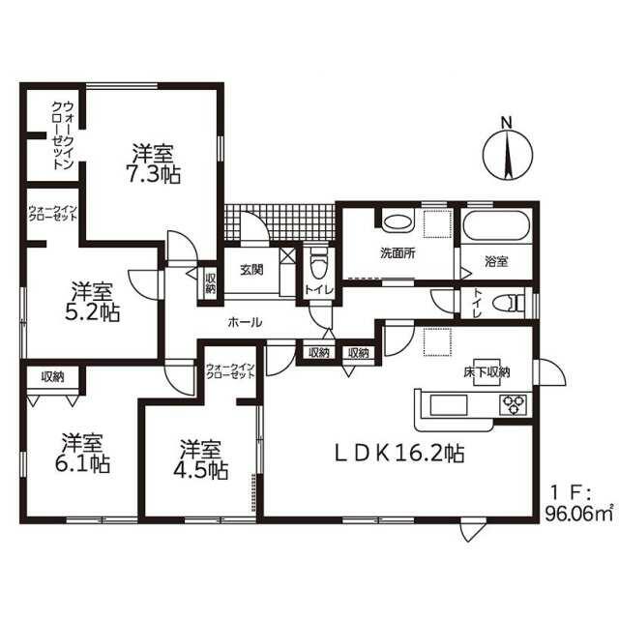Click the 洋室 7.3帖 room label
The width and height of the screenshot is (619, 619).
[x=153, y=164]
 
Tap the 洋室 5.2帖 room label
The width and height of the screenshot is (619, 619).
[x=92, y=302]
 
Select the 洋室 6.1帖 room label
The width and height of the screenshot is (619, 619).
[x=82, y=453]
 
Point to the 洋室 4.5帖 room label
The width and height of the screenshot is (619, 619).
[x=201, y=459]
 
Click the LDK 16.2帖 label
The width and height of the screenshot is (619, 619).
[x=399, y=454]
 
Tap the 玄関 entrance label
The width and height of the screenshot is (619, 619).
[x=251, y=270]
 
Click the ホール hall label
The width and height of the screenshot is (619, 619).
[x=245, y=322]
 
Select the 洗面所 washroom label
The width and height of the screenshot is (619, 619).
[x=398, y=253]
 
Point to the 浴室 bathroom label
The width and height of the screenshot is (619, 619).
[x=496, y=261]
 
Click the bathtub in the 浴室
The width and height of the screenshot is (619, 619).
[x=496, y=226]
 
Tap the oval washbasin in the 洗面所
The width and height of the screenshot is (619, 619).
[x=398, y=222]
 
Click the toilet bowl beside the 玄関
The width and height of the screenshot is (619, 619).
[x=318, y=264]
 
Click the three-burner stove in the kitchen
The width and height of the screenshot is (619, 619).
[x=513, y=404]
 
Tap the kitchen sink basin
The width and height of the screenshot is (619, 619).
[x=449, y=405]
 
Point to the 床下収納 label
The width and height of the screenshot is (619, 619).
[x=486, y=371]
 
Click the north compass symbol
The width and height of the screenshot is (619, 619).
[x=508, y=155]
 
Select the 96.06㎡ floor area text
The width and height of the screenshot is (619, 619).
[x=579, y=514]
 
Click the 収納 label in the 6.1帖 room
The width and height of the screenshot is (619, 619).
[x=52, y=377]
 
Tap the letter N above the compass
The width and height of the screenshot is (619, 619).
[x=507, y=123]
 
